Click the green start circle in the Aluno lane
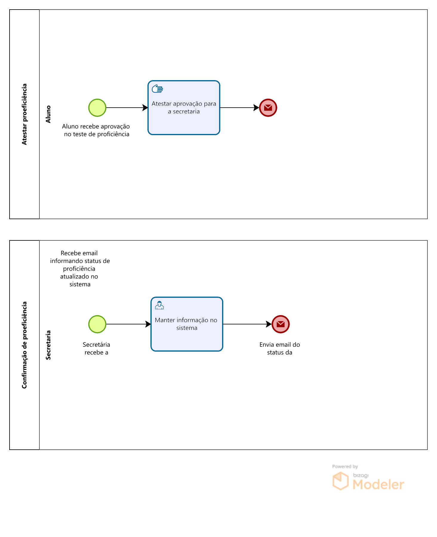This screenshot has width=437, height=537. click(97, 108)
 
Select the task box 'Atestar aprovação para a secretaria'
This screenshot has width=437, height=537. click(184, 108)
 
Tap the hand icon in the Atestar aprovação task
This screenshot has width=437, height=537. click(157, 89)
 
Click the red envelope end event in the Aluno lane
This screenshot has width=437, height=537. click(268, 108)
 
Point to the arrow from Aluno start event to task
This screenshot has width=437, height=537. click(127, 108)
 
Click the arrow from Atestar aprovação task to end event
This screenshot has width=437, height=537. click(240, 108)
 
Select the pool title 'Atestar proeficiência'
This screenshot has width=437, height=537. click(24, 114)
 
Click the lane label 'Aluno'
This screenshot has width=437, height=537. click(48, 114)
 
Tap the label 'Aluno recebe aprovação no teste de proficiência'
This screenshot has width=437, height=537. click(96, 130)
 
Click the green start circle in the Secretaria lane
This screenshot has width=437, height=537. click(97, 324)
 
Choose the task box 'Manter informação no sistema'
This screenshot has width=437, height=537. click(187, 324)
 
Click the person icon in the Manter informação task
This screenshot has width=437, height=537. click(159, 305)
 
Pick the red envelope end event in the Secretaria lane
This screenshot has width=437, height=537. click(281, 324)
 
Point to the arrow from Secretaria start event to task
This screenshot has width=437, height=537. click(129, 324)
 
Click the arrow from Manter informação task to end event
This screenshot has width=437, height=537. click(247, 324)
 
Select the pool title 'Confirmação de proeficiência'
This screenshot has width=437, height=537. click(24, 345)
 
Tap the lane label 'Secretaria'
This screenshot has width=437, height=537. click(48, 345)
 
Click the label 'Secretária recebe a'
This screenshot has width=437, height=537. click(96, 349)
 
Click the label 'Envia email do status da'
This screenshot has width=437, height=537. click(280, 349)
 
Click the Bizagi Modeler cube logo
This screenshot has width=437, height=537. click(341, 481)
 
